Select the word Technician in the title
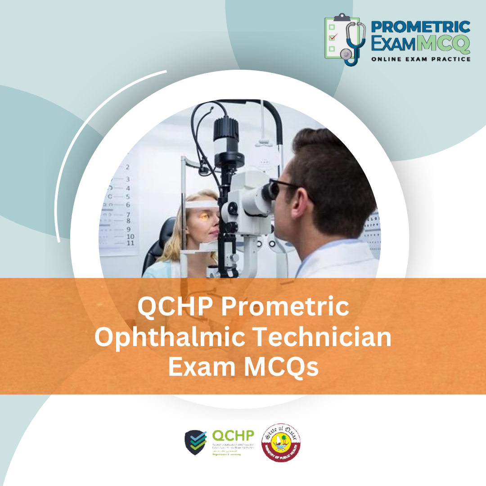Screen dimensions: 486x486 [328, 337]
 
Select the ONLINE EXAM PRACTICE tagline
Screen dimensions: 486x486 [421, 59]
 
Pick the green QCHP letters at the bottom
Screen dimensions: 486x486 [233, 436]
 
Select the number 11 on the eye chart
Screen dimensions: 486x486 [130, 243]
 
